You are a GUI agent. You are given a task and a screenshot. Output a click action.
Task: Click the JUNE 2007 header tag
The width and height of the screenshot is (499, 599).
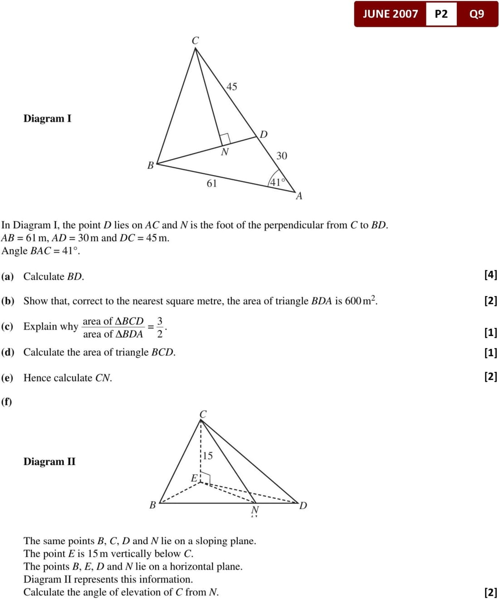tap(390, 14)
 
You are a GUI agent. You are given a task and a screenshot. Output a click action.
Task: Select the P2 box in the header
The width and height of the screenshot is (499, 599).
tap(441, 14)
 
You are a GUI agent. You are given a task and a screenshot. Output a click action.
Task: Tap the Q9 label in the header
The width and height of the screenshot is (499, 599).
tap(477, 14)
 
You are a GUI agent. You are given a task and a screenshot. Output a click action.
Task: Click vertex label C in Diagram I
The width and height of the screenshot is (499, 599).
tap(195, 41)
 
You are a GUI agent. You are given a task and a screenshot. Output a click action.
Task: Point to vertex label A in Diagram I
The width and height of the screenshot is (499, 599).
tap(299, 196)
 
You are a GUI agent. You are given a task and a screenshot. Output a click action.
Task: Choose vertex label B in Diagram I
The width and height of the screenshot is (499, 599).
tap(151, 166)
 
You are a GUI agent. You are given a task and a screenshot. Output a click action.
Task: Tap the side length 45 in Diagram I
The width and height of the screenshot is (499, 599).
tap(231, 87)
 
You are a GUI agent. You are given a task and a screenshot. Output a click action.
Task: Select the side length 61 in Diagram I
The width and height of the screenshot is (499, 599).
tap(212, 184)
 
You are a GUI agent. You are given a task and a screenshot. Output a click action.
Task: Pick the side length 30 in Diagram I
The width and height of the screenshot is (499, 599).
tap(282, 156)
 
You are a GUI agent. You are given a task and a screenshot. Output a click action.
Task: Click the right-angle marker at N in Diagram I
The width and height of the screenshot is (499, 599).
tap(225, 138)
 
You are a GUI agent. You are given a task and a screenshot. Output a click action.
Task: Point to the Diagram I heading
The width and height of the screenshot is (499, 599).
tap(48, 119)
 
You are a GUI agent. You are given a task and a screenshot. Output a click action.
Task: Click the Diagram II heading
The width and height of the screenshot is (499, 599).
tap(49, 462)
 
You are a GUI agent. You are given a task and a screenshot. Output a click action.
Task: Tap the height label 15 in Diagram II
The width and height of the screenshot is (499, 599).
tap(207, 456)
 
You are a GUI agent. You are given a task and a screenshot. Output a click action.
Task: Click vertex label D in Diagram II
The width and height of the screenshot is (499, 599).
tap(303, 506)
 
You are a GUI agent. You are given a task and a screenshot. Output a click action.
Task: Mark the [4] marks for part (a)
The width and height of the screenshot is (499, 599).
tap(491, 274)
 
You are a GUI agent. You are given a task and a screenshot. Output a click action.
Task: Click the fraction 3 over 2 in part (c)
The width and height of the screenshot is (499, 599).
tap(160, 327)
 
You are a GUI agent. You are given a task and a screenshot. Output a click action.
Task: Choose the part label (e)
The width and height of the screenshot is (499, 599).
tap(7, 378)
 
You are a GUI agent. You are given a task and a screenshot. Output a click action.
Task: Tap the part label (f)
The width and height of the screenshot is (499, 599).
tap(7, 402)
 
